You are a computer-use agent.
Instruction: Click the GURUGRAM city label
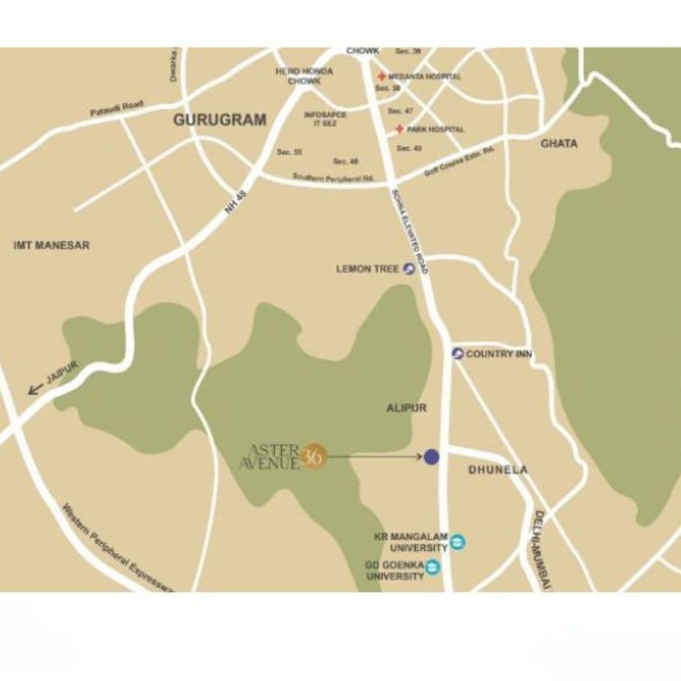[219, 120]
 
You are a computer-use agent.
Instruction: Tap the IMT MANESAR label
[52, 245]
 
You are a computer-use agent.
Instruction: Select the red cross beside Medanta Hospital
[381, 76]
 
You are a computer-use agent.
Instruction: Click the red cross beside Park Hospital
[399, 129]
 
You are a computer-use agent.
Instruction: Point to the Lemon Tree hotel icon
[409, 269]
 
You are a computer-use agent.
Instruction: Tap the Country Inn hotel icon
[458, 354]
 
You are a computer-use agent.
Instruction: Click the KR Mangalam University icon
[458, 542]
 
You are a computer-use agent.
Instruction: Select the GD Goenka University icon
[433, 567]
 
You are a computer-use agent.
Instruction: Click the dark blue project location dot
[431, 457]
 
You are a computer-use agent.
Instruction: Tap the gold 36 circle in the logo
[313, 457]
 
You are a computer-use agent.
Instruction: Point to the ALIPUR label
[406, 408]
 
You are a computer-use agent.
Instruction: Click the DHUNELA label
[498, 470]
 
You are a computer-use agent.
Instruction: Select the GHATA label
[559, 144]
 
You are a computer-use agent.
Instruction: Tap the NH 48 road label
[236, 202]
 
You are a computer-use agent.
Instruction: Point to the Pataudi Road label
[117, 108]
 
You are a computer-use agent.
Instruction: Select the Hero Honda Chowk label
[304, 76]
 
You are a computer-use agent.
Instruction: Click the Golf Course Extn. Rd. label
[460, 162]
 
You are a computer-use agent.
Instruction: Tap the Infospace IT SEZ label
[325, 119]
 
